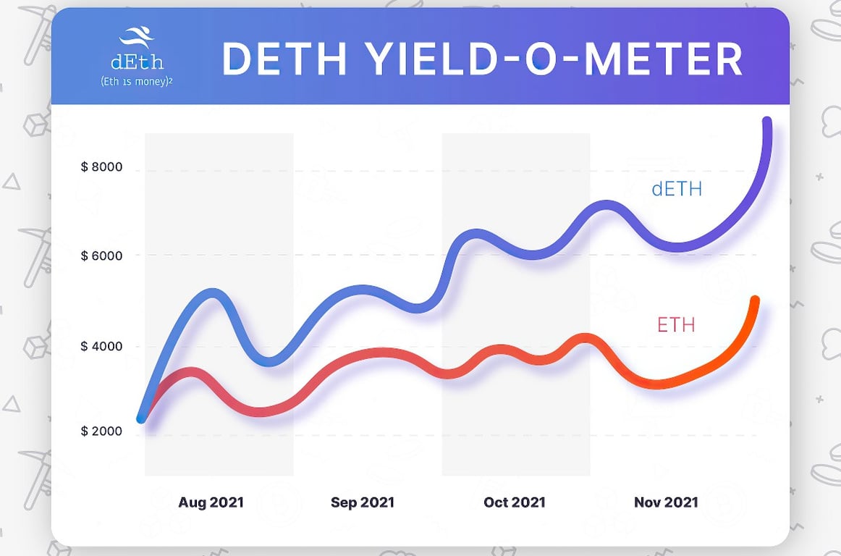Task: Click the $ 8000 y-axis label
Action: point(101,167)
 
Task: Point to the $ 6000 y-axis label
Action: point(101,256)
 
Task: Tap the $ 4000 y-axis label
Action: point(101,346)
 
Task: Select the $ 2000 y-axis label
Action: point(101,431)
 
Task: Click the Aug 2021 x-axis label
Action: point(211,502)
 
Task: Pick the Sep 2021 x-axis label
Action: point(363,502)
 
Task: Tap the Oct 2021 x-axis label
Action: point(515,502)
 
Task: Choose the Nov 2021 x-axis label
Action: point(666,502)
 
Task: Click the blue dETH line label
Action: point(677,190)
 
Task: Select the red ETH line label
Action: point(676,325)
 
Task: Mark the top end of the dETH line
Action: point(767,122)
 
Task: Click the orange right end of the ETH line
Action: point(755,300)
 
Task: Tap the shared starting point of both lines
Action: point(143,418)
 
